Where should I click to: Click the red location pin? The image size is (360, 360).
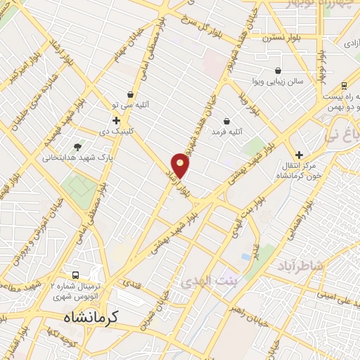tap(181, 165)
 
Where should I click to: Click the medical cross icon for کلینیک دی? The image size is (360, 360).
tap(116, 120)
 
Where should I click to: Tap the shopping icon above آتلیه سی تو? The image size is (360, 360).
tap(130, 94)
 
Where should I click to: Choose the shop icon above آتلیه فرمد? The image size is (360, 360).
tap(226, 121)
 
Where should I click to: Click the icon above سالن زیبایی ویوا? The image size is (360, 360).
tap(278, 71)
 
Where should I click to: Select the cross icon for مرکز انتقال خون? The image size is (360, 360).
tap(300, 155)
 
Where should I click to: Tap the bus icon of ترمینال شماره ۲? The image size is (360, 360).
tap(76, 275)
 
